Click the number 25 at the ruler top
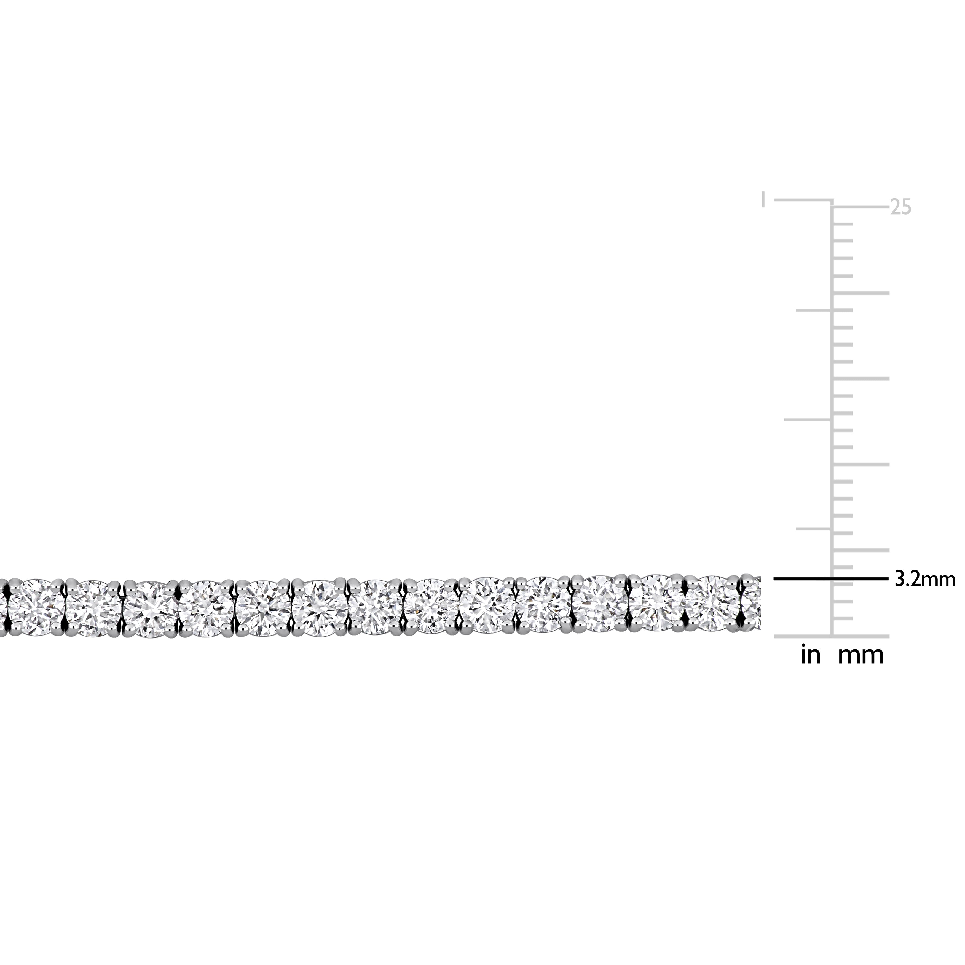pyautogui.click(x=901, y=207)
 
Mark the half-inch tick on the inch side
pyautogui.click(x=808, y=420)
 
